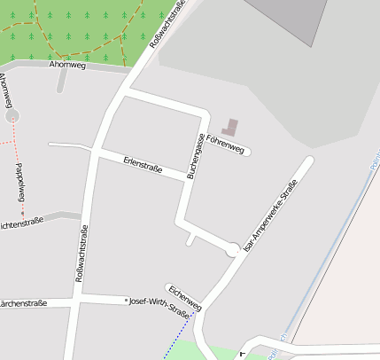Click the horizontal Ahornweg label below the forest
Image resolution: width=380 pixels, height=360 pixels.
pyautogui.click(x=67, y=66)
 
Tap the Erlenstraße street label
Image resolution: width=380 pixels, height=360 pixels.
pyautogui.click(x=143, y=165)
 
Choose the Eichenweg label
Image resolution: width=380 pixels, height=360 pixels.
pyautogui.click(x=184, y=298)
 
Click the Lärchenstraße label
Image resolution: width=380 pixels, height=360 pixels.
pyautogui.click(x=22, y=303)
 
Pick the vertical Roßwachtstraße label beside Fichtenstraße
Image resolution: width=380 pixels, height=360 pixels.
pyautogui.click(x=81, y=254)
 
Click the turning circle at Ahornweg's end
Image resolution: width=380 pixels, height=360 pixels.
pyautogui.click(x=12, y=115)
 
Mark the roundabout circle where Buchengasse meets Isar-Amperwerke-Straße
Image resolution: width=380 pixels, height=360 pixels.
pyautogui.click(x=233, y=250)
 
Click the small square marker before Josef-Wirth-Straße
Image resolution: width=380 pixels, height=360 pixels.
pyautogui.click(x=126, y=301)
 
